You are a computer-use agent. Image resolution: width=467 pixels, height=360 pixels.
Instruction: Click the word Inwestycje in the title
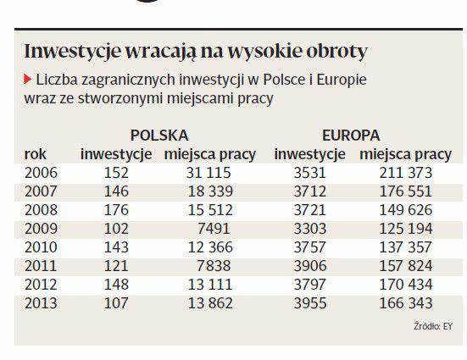73,52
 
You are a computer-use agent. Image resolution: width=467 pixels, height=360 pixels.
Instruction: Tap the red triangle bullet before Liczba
28,80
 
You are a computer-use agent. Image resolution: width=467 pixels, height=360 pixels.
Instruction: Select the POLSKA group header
159,136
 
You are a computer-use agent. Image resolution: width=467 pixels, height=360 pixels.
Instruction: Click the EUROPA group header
351,136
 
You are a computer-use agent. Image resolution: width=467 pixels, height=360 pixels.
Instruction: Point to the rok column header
35,154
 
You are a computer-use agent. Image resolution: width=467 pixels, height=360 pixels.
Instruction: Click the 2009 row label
41,229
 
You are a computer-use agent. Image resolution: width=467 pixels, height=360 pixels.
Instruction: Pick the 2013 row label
41,303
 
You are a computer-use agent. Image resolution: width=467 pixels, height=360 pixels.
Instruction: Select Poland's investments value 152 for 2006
116,173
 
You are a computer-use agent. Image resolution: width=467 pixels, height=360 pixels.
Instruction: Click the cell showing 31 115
208,173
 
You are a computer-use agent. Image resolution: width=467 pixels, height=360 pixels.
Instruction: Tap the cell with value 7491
214,229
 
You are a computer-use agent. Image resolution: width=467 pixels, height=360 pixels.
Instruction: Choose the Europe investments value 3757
310,247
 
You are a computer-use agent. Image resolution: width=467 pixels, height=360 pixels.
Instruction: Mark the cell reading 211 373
406,173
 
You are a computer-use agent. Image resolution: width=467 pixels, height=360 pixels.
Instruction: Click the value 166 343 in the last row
406,303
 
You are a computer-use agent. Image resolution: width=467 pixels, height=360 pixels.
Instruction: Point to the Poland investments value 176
116,210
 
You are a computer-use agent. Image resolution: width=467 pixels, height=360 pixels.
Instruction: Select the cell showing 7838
214,266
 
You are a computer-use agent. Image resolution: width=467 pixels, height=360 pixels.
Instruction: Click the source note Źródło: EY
433,326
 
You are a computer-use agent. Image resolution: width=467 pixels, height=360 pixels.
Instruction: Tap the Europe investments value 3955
310,303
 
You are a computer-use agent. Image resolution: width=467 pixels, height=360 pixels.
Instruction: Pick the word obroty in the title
336,52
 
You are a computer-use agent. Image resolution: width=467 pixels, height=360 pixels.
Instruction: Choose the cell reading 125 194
406,229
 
